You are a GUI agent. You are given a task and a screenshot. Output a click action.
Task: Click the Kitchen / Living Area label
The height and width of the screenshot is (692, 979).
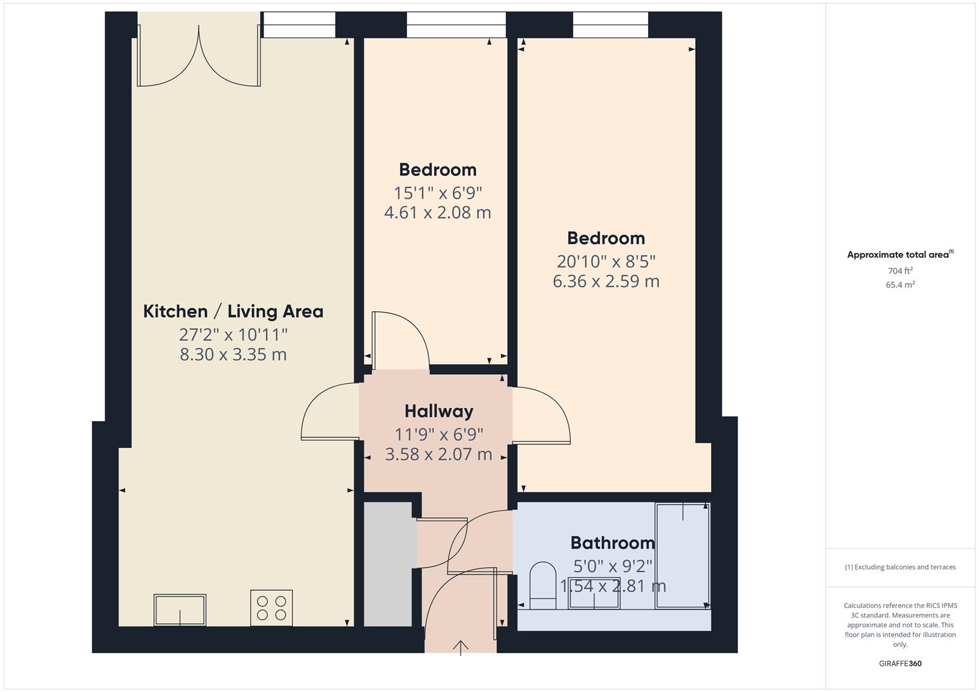[x=233, y=311]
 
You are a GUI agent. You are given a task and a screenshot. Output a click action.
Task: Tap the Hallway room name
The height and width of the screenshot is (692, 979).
[x=439, y=411]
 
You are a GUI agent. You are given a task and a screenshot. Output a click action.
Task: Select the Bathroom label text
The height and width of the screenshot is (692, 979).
[x=612, y=543]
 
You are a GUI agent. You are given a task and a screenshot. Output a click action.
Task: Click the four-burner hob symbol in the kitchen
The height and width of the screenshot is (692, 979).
[x=271, y=608]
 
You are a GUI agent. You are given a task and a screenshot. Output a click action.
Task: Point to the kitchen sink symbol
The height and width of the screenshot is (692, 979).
[x=180, y=610]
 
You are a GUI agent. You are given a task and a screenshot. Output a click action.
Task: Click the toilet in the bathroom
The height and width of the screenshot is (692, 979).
[x=543, y=584]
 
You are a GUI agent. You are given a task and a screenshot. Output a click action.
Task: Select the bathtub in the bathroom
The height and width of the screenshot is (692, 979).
[x=682, y=556]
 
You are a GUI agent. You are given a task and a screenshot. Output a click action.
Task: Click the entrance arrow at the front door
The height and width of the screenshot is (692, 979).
[x=460, y=647]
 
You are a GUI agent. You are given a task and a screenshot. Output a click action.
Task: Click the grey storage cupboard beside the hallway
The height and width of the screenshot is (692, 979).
[x=388, y=564]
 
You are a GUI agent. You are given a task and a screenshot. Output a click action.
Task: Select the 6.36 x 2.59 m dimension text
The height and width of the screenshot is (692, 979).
[x=606, y=281]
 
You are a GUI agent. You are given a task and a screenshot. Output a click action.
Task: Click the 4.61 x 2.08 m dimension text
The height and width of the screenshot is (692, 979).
[x=437, y=213]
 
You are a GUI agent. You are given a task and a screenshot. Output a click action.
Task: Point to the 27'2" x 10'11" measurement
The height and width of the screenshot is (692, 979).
[x=233, y=334]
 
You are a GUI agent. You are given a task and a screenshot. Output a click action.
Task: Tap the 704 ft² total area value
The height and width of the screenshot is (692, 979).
[x=900, y=271]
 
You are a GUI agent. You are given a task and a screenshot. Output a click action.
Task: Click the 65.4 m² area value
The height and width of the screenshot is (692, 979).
[x=900, y=285]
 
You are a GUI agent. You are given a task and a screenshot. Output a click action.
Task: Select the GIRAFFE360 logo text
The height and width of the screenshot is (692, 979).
[x=900, y=664]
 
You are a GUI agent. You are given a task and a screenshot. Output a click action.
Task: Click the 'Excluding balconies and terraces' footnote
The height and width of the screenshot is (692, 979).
[x=900, y=567]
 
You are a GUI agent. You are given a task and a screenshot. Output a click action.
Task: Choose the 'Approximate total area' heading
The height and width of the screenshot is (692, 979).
[x=899, y=255]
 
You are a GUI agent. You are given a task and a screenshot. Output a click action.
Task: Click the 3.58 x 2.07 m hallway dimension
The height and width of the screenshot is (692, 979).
[x=439, y=455]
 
